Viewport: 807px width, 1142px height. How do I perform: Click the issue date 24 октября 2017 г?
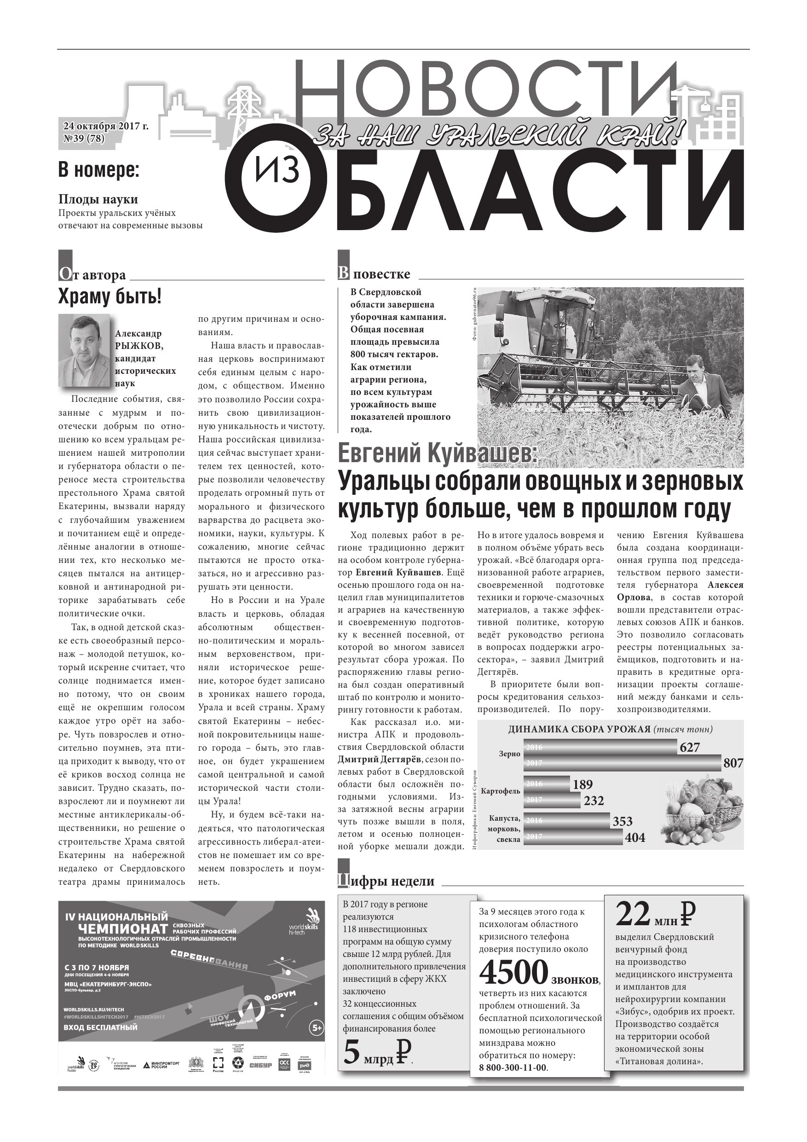point(105,126)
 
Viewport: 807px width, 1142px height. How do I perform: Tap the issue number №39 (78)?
point(84,139)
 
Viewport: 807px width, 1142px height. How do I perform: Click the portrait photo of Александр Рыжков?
point(84,350)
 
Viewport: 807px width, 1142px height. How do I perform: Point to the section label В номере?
point(98,170)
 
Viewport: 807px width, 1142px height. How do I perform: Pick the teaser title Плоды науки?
point(98,199)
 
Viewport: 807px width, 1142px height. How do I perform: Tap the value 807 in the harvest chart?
point(733,763)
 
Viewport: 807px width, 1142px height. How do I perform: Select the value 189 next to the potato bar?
point(582,785)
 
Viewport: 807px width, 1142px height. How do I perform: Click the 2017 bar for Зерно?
point(622,763)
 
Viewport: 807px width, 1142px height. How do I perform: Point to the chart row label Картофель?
point(500,791)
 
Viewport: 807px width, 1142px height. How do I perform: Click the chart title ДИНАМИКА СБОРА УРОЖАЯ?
point(579,730)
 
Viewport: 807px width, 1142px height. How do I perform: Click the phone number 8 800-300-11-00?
point(513,1068)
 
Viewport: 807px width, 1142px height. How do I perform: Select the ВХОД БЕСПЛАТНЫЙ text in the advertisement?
point(100,1027)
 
